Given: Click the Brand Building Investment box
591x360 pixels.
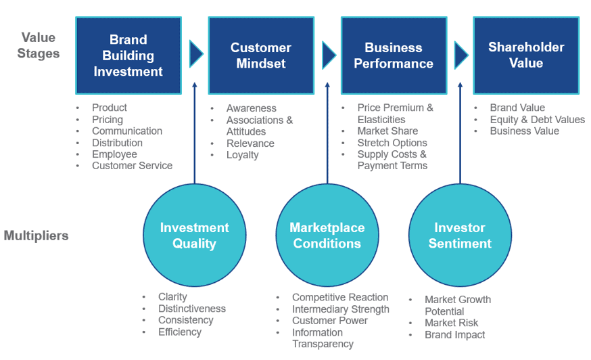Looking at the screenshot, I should pyautogui.click(x=128, y=55).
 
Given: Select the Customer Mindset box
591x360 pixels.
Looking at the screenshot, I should pyautogui.click(x=260, y=55).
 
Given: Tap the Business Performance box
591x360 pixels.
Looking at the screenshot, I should pyautogui.click(x=393, y=55).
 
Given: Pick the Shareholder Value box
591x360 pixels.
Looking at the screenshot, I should pyautogui.click(x=525, y=55).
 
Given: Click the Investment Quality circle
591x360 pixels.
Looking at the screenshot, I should pyautogui.click(x=194, y=235).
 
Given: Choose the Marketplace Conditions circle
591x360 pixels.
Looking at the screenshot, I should pyautogui.click(x=327, y=235).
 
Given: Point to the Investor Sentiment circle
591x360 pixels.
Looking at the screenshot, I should pyautogui.click(x=460, y=235).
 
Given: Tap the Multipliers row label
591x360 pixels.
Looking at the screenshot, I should pyautogui.click(x=36, y=235).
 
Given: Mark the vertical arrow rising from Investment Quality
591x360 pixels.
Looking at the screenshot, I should pyautogui.click(x=195, y=135).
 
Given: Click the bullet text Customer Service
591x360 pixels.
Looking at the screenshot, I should pyautogui.click(x=132, y=166).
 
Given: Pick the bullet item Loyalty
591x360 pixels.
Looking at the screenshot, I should pyautogui.click(x=242, y=155).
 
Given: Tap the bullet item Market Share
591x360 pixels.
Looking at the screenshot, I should pyautogui.click(x=387, y=131).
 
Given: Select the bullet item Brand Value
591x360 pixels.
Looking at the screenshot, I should pyautogui.click(x=517, y=108).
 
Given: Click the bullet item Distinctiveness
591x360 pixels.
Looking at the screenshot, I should pyautogui.click(x=192, y=309).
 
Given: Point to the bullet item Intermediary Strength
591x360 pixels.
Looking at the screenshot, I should pyautogui.click(x=340, y=309).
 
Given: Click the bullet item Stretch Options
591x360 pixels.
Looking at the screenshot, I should pyautogui.click(x=392, y=143).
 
